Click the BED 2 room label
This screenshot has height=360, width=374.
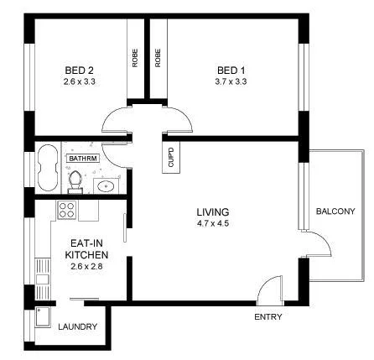click(80, 70)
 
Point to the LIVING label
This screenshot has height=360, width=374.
click(213, 211)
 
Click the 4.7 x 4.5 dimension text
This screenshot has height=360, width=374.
click(213, 224)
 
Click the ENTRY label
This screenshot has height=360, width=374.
click(268, 317)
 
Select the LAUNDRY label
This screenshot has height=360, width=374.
click(78, 326)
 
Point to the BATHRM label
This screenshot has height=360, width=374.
click(83, 157)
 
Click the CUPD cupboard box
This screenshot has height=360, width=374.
click(170, 157)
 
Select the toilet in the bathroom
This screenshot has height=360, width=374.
click(76, 178)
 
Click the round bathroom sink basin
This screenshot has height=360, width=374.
click(106, 186)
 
